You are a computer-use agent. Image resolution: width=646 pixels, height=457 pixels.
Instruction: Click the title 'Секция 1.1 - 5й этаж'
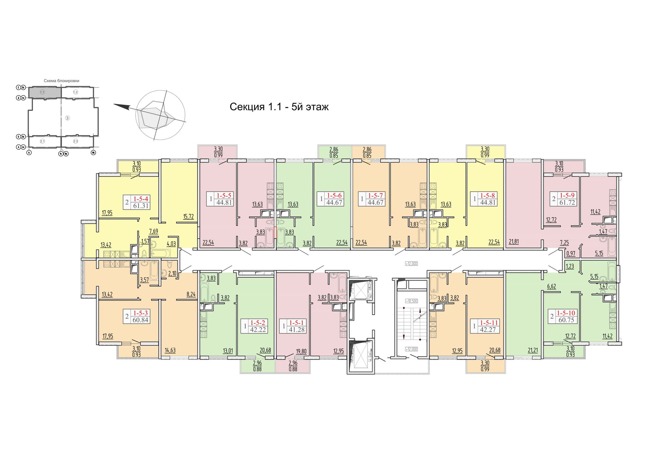tap(279, 107)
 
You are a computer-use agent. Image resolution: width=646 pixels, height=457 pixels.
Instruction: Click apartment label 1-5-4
tap(141, 199)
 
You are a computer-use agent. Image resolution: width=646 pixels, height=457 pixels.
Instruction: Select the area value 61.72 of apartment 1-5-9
tap(567, 203)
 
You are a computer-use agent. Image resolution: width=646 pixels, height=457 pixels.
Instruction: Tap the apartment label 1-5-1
tap(296, 323)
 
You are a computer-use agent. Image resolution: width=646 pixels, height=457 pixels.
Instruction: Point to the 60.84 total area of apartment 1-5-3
tap(141, 320)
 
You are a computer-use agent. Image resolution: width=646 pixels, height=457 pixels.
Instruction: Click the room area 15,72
tap(188, 216)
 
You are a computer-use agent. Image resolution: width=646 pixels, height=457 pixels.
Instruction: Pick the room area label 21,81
tap(514, 241)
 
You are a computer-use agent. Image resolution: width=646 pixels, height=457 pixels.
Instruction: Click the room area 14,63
tap(170, 350)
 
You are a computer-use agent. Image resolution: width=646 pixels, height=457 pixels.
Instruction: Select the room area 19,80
tap(301, 351)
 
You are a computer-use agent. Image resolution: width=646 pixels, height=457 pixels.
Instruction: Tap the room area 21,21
tap(533, 350)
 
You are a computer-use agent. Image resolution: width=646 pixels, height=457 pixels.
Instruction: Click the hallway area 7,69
tap(153, 231)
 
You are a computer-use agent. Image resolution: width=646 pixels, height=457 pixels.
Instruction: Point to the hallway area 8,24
tap(191, 294)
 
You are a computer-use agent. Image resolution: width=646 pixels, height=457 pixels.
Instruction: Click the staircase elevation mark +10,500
tap(412, 301)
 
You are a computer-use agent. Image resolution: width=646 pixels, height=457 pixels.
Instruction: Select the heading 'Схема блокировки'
tap(61, 81)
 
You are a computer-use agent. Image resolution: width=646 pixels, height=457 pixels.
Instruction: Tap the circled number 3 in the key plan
tap(68, 118)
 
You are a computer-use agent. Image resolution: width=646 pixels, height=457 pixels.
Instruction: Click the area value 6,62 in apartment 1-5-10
tap(551, 286)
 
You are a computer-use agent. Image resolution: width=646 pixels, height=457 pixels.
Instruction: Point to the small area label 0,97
tap(571, 253)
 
